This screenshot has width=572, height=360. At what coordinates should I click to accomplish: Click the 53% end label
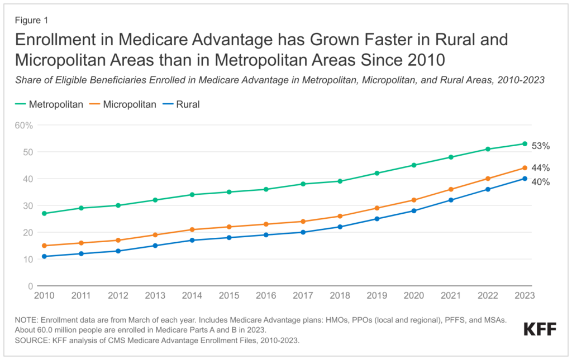point(540,146)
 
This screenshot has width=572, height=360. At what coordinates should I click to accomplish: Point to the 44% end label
point(540,168)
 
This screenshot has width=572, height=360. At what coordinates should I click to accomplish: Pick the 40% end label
point(540,182)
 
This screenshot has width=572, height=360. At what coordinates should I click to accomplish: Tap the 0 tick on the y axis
point(31,286)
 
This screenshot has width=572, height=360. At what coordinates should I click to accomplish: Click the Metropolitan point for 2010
point(44,213)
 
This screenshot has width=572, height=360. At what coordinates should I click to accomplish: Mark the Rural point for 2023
point(525,179)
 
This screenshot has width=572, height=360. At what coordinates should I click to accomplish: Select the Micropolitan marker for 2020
point(414,200)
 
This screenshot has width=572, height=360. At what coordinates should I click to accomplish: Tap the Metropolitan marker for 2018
point(340,181)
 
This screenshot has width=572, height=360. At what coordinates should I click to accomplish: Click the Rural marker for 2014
point(192,240)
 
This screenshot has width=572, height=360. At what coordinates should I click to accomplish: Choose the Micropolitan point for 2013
point(155,234)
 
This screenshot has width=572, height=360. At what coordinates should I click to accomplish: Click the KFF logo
point(540,329)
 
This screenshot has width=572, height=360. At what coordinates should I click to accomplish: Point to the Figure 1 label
point(32,20)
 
